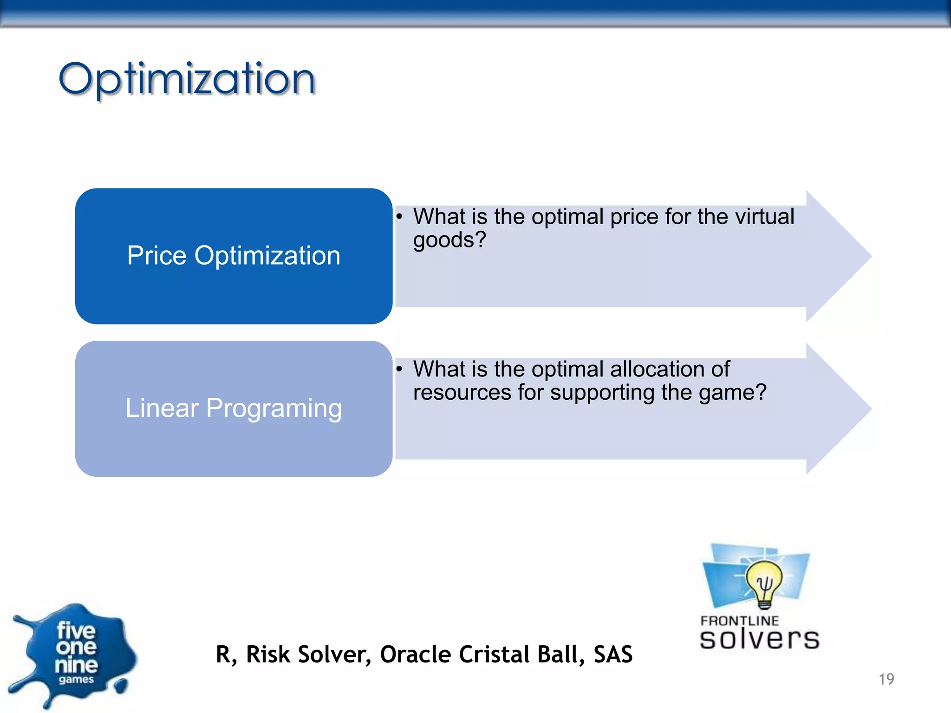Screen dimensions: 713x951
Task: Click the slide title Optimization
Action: pyautogui.click(x=187, y=79)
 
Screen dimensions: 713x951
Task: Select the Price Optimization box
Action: pyautogui.click(x=234, y=256)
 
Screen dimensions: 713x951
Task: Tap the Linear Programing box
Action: pyautogui.click(x=234, y=408)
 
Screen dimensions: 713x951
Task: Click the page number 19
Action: pyautogui.click(x=886, y=679)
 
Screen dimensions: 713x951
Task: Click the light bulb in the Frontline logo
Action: pyautogui.click(x=764, y=583)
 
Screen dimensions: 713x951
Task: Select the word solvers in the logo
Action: pyautogui.click(x=759, y=639)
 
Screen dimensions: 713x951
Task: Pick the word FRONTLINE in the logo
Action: pyautogui.click(x=739, y=621)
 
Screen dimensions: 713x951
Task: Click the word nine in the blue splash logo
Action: pyautogui.click(x=76, y=665)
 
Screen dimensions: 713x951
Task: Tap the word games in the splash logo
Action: pyautogui.click(x=76, y=680)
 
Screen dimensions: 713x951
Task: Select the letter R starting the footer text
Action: pyautogui.click(x=224, y=655)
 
